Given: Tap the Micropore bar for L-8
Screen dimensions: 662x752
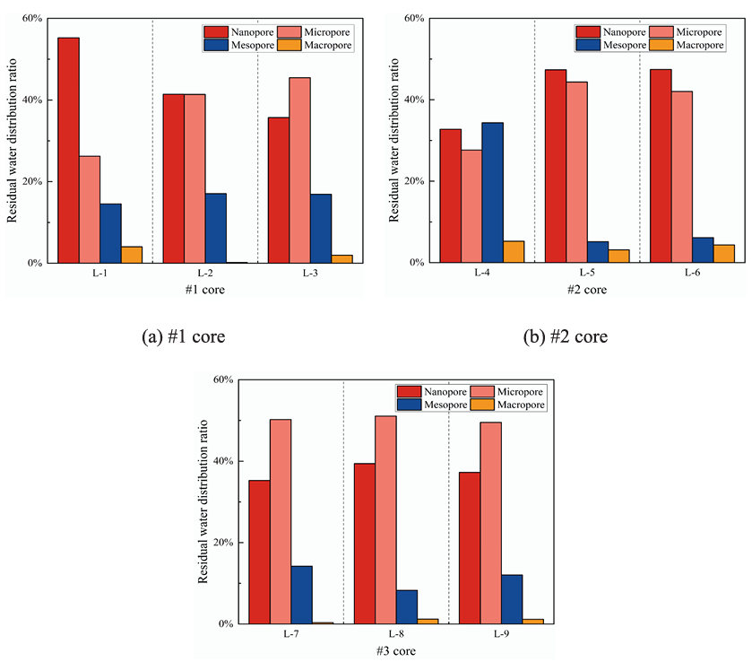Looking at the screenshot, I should click(x=385, y=519).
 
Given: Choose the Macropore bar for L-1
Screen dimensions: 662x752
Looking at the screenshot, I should click(x=131, y=255).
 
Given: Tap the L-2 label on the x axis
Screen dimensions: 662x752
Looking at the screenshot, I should click(x=204, y=273).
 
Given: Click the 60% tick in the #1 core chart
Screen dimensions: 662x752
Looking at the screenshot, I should click(x=31, y=18).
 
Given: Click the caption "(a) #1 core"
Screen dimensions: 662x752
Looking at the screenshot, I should click(x=182, y=337).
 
